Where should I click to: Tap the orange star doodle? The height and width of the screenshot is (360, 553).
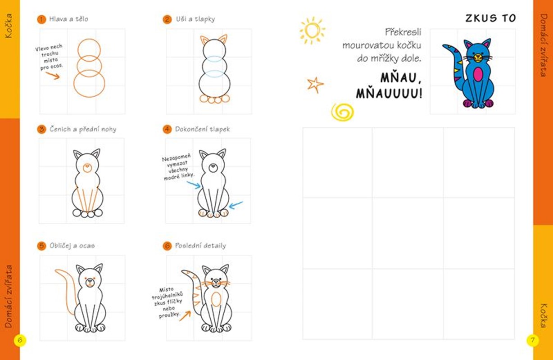pyautogui.click(x=315, y=85)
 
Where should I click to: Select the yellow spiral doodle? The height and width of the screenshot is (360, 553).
pyautogui.click(x=342, y=112)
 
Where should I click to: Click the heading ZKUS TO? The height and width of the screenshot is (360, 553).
pyautogui.click(x=490, y=18)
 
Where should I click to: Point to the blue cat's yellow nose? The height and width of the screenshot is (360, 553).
pyautogui.click(x=478, y=58)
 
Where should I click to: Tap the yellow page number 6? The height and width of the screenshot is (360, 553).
pyautogui.click(x=20, y=340)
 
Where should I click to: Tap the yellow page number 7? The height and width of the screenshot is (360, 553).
pyautogui.click(x=532, y=340)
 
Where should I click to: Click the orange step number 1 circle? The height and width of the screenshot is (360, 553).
pyautogui.click(x=41, y=19)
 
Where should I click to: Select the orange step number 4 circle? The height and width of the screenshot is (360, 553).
pyautogui.click(x=167, y=129)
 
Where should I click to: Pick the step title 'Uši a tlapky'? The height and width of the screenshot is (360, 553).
pyautogui.click(x=195, y=19)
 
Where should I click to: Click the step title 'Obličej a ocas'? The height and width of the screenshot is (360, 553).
pyautogui.click(x=72, y=246)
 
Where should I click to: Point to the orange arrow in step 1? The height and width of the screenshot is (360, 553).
pyautogui.click(x=53, y=75)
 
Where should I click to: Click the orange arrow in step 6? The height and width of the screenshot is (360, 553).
pyautogui.click(x=185, y=316)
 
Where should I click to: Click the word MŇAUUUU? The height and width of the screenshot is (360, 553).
pyautogui.click(x=389, y=94)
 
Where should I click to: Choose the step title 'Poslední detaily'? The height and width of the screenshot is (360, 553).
pyautogui.click(x=200, y=246)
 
